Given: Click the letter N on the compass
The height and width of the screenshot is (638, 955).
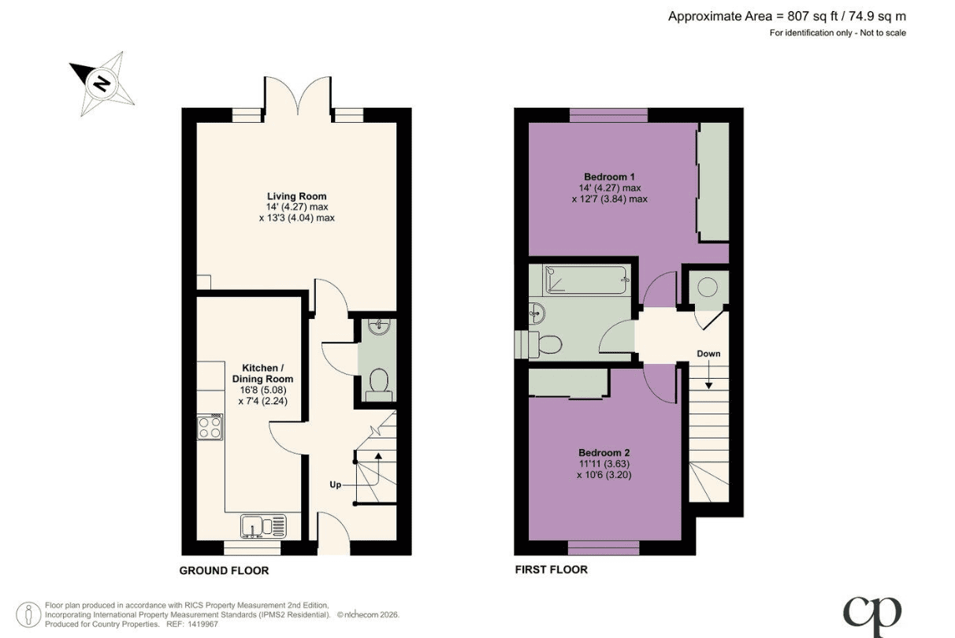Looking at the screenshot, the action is pos(102,83).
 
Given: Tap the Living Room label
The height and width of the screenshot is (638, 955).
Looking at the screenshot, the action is pos(297,196).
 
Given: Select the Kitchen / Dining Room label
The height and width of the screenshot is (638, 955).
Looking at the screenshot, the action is pos(262,373).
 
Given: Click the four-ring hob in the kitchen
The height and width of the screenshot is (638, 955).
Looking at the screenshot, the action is pos(210,427).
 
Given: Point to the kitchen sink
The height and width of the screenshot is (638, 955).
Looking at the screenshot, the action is pos(263,526).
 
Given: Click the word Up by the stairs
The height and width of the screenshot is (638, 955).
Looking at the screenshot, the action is pos(335,484).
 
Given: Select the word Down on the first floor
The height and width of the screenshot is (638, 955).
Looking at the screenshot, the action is pos(708,354).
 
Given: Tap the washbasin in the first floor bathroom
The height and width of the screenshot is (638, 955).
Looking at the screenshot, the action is pos(537,314).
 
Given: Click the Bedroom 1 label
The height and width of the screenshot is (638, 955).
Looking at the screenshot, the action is pos(609,176).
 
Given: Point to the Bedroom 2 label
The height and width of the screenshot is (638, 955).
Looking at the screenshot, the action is pos(604,453).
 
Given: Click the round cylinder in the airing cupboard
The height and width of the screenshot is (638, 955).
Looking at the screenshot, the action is pos(708,287).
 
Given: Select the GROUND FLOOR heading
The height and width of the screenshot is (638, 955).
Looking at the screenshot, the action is pos(224,571).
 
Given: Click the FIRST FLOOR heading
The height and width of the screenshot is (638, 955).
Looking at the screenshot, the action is pos(552,569).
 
